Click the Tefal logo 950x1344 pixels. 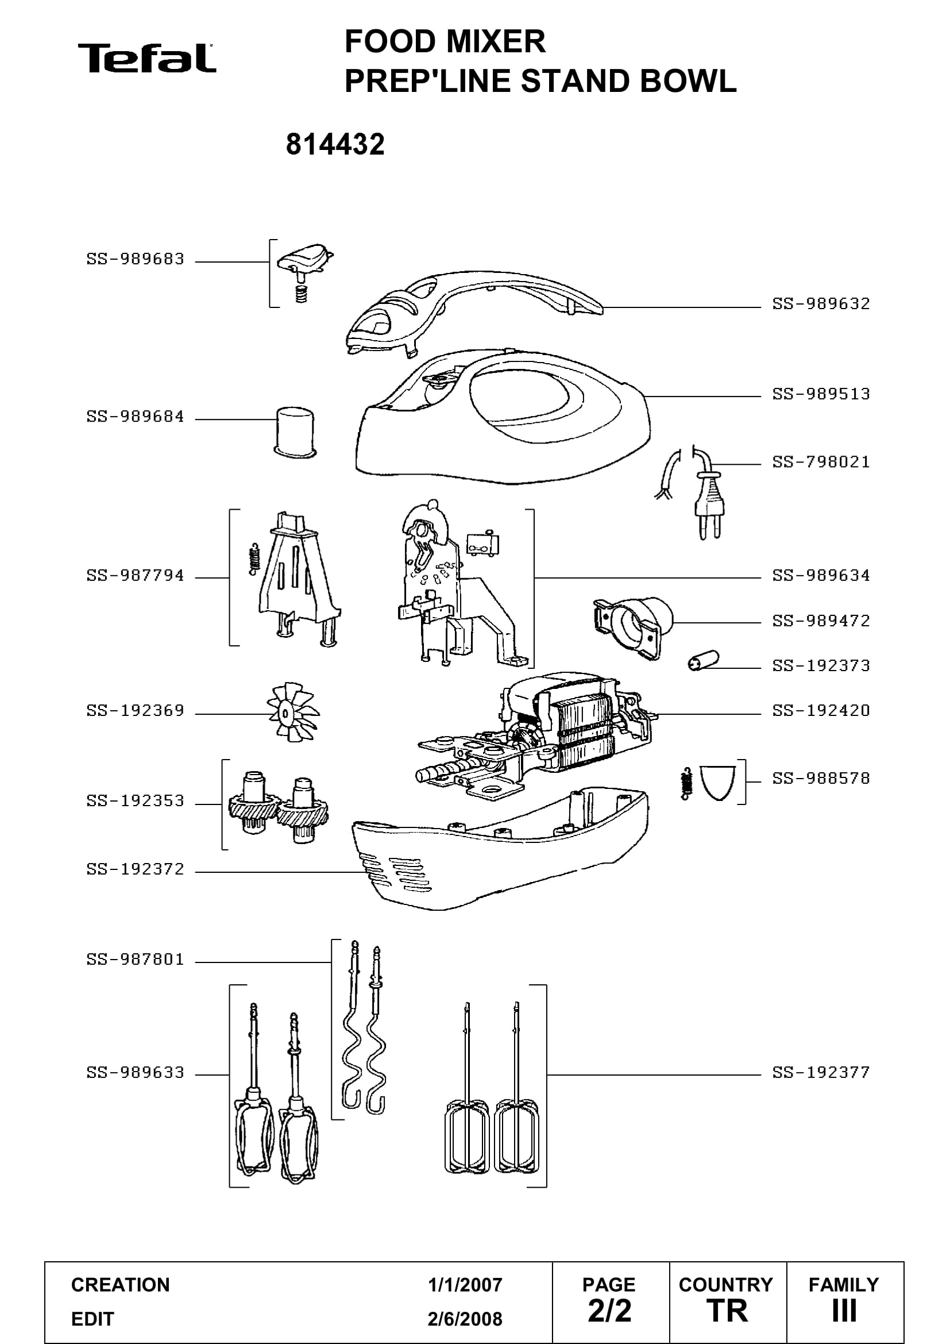pos(147,58)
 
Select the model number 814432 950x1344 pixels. pos(335,144)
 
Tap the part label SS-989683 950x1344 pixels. pos(135,259)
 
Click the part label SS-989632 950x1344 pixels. pos(821,304)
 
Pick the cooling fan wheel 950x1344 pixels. pos(293,712)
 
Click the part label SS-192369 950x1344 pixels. pos(135,711)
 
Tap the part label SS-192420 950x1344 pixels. pos(821,711)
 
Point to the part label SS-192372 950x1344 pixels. pos(135,869)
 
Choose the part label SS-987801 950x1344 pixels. pos(135,960)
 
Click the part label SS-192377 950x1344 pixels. pos(821,1072)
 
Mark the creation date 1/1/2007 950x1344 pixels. pos(465,1285)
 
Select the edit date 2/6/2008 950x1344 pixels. pos(465,1319)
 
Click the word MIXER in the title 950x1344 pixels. pos(496,41)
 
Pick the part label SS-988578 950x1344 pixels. pos(821,779)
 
